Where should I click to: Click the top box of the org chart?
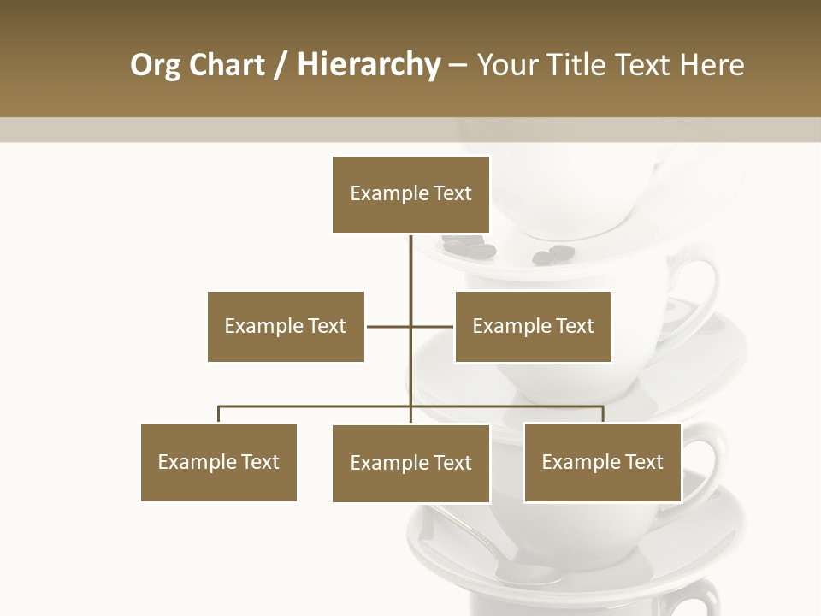tap(410, 194)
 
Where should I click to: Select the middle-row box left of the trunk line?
tap(286, 326)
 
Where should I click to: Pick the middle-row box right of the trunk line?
tap(533, 326)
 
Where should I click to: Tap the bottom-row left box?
tap(219, 462)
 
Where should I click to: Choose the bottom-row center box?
tap(410, 463)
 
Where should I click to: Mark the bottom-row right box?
tap(602, 462)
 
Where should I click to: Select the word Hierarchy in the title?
tap(369, 65)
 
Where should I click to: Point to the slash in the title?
tap(281, 65)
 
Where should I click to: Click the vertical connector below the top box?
tap(411, 265)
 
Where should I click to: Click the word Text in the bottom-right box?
tap(643, 462)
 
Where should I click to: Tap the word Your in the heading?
tap(507, 65)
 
